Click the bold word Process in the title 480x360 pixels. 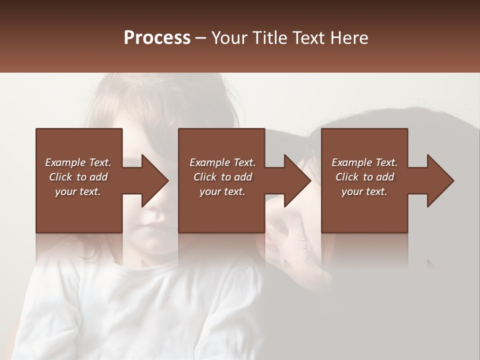coord(157,38)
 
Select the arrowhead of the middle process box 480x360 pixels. coord(296,180)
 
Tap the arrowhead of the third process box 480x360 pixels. coord(439,180)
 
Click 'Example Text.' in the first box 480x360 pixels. coord(78,162)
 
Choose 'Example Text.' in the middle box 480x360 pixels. coord(222,162)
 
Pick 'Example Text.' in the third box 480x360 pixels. coord(364,162)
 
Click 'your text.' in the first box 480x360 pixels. coord(78,191)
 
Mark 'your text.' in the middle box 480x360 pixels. coord(222,191)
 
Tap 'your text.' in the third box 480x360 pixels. coord(364,191)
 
